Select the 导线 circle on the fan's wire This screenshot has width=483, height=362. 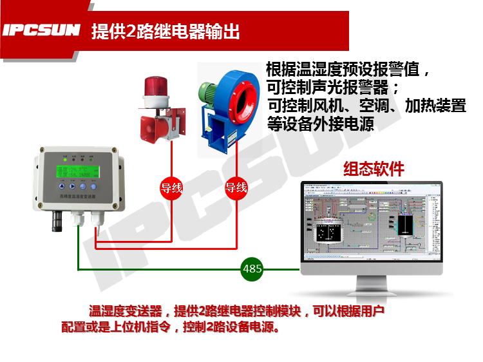[x=236, y=188]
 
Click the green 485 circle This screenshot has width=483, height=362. [x=252, y=269]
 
